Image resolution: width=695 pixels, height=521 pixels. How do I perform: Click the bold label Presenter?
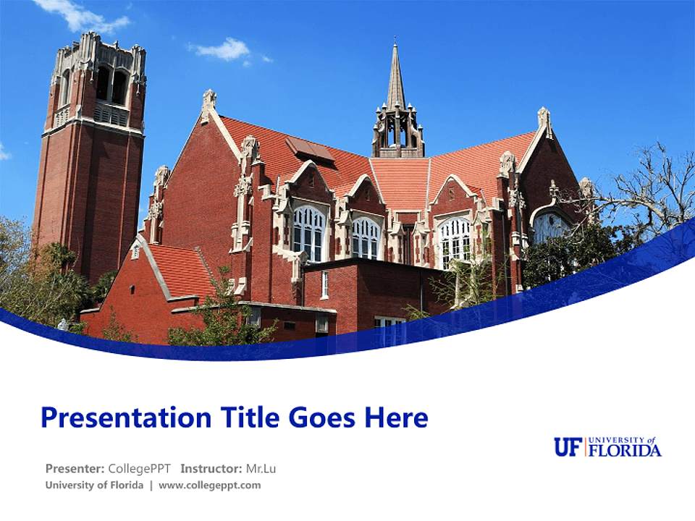click(75, 468)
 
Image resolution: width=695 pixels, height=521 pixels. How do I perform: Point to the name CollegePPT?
click(139, 468)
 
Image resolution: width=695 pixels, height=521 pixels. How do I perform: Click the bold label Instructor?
click(211, 468)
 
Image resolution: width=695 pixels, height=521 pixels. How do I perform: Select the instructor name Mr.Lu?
click(261, 468)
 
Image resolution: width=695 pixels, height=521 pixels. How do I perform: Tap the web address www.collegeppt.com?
click(209, 486)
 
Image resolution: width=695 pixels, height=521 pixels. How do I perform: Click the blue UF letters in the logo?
click(568, 447)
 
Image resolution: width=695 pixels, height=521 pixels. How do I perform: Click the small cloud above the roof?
click(223, 49)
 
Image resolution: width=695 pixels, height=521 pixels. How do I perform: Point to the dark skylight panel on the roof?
click(309, 148)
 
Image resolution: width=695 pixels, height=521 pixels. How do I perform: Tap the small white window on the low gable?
click(135, 251)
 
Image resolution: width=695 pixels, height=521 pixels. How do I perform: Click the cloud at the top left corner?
click(80, 14)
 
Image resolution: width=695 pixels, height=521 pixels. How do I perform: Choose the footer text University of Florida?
click(94, 486)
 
